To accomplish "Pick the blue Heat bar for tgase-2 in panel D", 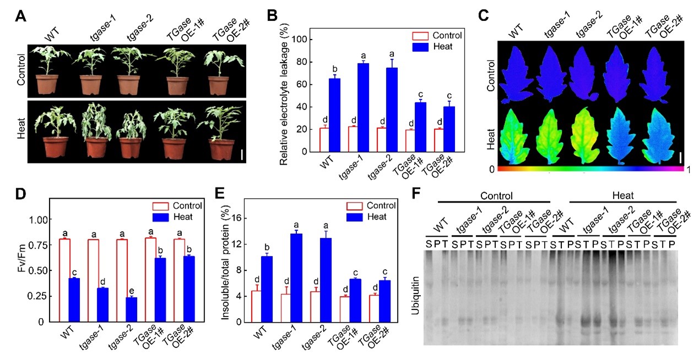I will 131,309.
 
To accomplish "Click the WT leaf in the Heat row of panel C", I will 519,134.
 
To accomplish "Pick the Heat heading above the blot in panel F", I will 621,195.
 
